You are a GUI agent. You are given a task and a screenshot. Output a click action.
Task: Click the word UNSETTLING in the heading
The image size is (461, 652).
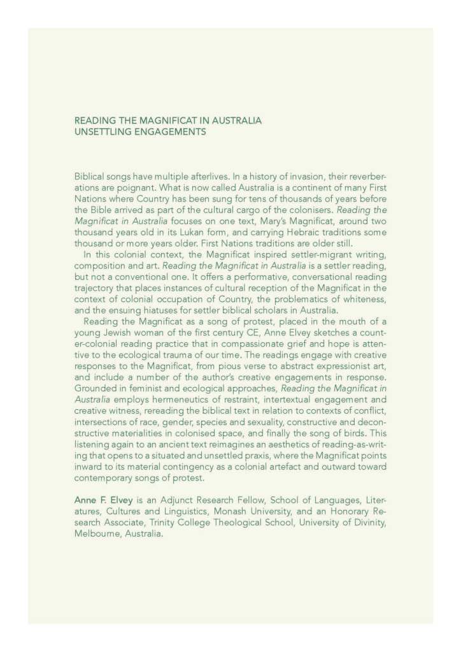[x=103, y=132]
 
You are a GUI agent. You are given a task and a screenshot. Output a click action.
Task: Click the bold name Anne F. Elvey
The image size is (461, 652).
[x=103, y=501]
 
